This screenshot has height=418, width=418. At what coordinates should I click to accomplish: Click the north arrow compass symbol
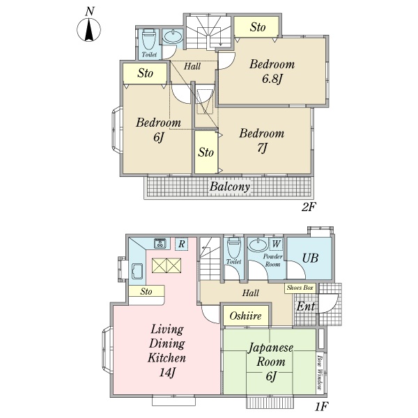(x=88, y=29)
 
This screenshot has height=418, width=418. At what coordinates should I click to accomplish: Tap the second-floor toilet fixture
(x=149, y=39)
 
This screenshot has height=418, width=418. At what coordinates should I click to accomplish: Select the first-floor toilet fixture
(x=233, y=247)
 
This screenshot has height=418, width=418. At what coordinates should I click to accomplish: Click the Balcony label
(x=230, y=186)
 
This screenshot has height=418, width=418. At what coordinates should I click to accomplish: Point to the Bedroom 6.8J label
(x=272, y=72)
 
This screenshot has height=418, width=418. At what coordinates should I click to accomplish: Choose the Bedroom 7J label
(x=261, y=141)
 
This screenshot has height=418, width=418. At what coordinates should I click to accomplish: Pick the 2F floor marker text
(x=308, y=207)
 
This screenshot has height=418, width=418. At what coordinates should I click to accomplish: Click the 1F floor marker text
(x=321, y=406)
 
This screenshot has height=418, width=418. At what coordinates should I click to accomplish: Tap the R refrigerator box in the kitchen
(x=181, y=244)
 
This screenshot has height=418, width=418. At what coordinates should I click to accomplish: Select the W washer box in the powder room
(x=276, y=244)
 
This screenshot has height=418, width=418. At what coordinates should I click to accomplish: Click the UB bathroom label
(x=310, y=258)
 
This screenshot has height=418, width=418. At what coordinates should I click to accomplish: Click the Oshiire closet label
(x=245, y=316)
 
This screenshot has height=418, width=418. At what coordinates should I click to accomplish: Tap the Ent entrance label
(x=306, y=307)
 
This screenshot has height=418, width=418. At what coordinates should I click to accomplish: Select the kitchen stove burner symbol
(x=160, y=243)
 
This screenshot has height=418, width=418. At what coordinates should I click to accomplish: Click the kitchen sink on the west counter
(x=137, y=271)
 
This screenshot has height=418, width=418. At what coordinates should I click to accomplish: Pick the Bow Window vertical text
(x=320, y=371)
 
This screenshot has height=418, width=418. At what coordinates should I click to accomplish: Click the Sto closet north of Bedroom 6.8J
(x=256, y=26)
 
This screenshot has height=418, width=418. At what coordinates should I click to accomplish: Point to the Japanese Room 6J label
(x=270, y=362)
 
